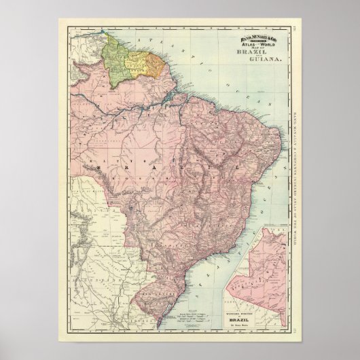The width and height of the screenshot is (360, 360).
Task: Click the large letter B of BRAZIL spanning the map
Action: point(100,166)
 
